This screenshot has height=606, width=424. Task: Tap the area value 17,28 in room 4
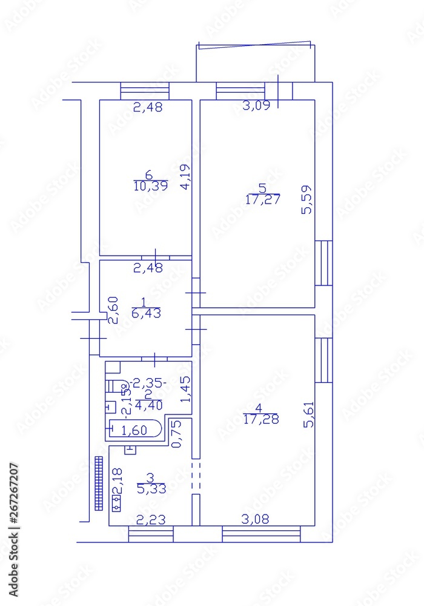coord(261,419)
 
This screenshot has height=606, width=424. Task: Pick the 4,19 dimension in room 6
coord(186,178)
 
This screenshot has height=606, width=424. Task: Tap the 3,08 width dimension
coord(256,519)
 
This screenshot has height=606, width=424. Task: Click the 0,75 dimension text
coord(176,435)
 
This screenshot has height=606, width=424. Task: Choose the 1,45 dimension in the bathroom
coord(186,390)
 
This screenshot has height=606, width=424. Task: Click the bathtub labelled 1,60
coord(134,430)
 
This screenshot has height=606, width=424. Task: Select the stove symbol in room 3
coord(115,502)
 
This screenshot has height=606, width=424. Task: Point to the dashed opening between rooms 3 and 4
coord(195,476)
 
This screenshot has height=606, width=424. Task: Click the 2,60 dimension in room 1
coord(113,309)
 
